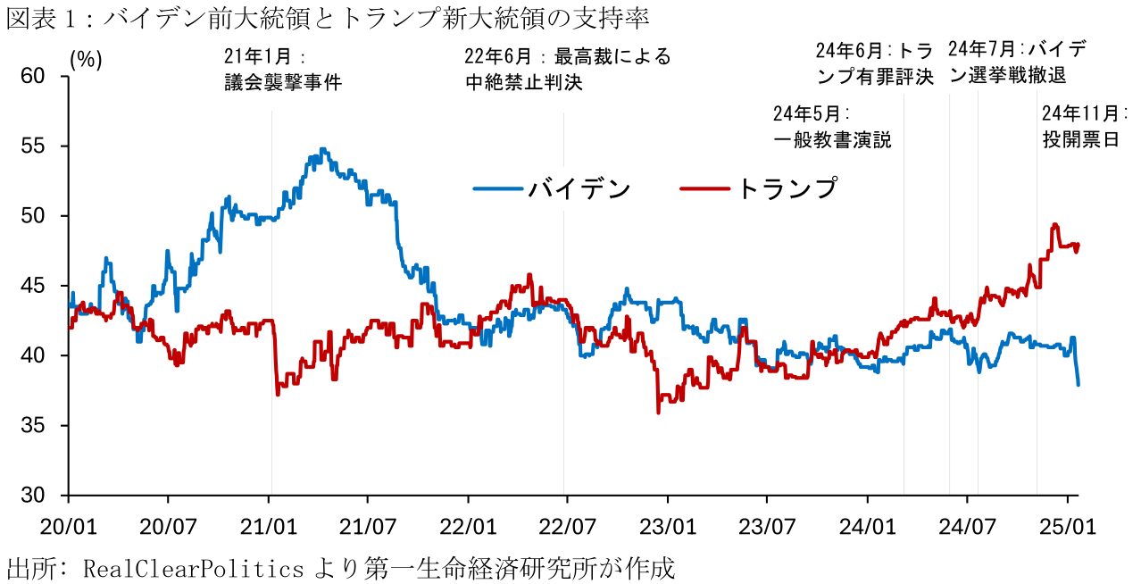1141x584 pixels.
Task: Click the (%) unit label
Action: coord(86,59)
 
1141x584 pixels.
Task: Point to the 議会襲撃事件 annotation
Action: coord(283,83)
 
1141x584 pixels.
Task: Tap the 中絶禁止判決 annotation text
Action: coord(523,83)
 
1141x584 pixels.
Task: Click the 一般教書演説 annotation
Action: coord(832,140)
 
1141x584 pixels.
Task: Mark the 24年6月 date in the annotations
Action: coord(848,49)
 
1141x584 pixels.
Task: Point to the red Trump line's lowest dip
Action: coord(658,412)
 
